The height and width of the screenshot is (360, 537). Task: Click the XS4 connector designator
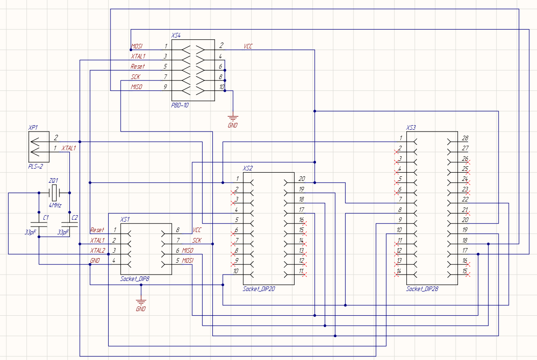point(176,35)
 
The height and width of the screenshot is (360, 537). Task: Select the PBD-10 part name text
point(180,105)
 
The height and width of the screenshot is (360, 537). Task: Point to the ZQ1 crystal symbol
point(54,193)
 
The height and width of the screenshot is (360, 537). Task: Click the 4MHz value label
point(55,205)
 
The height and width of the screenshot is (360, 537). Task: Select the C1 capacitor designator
point(45,217)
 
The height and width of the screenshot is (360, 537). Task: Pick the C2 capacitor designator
point(75,217)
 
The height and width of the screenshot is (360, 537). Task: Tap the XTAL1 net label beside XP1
point(68,148)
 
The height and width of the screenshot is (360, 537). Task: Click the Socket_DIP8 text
point(135,279)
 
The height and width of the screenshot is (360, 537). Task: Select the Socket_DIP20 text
point(259,289)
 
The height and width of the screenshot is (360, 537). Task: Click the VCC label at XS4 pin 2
point(248,47)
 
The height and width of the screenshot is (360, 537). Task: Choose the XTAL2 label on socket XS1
point(97,250)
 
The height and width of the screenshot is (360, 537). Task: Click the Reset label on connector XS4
point(137,67)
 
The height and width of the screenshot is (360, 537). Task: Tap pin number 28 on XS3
point(465,138)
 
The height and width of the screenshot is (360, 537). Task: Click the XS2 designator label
point(247,168)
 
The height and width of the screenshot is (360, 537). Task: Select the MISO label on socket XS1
point(188,250)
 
